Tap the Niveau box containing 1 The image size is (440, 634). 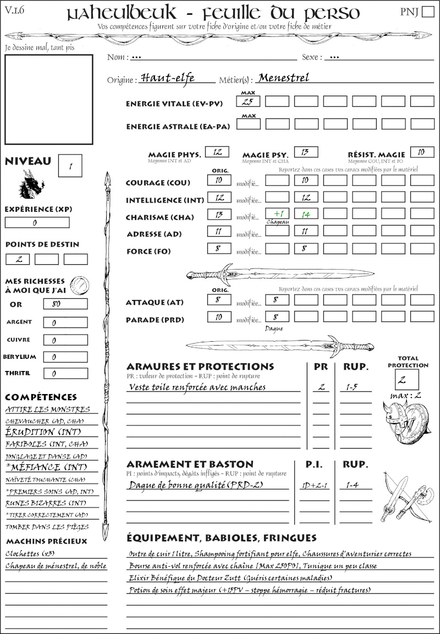tap(71, 165)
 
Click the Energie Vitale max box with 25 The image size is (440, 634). tap(248, 101)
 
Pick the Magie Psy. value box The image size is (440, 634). tap(306, 152)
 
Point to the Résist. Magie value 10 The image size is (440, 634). tap(422, 152)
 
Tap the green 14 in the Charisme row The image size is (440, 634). tap(306, 214)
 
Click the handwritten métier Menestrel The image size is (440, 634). tap(284, 78)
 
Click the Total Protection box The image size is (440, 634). tap(407, 379)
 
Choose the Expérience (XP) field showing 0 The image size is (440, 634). tap(37, 223)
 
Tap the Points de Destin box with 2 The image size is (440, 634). tap(18, 259)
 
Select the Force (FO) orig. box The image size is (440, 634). tap(219, 249)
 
